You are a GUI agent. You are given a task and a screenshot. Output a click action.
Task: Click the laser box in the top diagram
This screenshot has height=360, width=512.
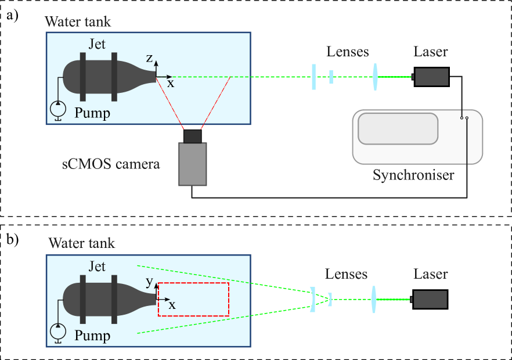(x=431, y=77)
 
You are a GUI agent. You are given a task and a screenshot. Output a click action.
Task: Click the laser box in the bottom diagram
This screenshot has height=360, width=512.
(x=430, y=299)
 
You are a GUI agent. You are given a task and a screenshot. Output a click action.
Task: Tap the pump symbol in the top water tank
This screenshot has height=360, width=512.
(x=57, y=108)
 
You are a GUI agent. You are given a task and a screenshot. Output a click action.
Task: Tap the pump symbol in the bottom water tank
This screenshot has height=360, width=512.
(x=57, y=332)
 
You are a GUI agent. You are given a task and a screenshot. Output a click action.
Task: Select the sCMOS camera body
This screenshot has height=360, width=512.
(x=192, y=164)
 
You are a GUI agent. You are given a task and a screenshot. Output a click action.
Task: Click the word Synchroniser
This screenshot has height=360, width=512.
(x=413, y=175)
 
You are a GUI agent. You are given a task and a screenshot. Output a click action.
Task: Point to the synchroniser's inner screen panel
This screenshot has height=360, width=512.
(x=398, y=128)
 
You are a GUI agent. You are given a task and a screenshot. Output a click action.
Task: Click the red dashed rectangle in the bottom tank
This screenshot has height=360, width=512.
(x=194, y=299)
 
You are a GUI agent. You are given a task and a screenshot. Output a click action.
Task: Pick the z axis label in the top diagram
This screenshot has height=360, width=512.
(x=149, y=58)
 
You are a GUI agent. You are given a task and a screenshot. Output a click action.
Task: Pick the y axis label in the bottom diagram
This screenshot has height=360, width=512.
(x=149, y=282)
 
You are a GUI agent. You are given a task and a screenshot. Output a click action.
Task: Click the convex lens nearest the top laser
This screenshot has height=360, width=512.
(x=376, y=77)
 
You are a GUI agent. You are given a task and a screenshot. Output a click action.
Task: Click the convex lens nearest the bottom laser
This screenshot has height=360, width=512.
(x=373, y=300)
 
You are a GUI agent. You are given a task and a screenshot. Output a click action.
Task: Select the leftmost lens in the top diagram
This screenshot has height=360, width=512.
(x=313, y=77)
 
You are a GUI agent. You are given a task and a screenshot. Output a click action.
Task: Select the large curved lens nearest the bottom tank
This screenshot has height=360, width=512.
(x=312, y=300)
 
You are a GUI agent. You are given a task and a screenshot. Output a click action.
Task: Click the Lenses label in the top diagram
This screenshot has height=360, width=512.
(x=347, y=52)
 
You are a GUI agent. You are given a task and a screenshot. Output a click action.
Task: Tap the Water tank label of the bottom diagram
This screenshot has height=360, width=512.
(x=82, y=243)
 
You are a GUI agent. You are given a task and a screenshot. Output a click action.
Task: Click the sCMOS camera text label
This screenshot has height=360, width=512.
(x=111, y=164)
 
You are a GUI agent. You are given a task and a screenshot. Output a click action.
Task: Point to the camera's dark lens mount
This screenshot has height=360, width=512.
(x=192, y=136)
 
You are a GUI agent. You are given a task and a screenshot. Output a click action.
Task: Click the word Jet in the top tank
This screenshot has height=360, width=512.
(x=97, y=44)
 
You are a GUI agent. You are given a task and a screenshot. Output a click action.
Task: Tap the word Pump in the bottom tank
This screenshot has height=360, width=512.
(x=92, y=336)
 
